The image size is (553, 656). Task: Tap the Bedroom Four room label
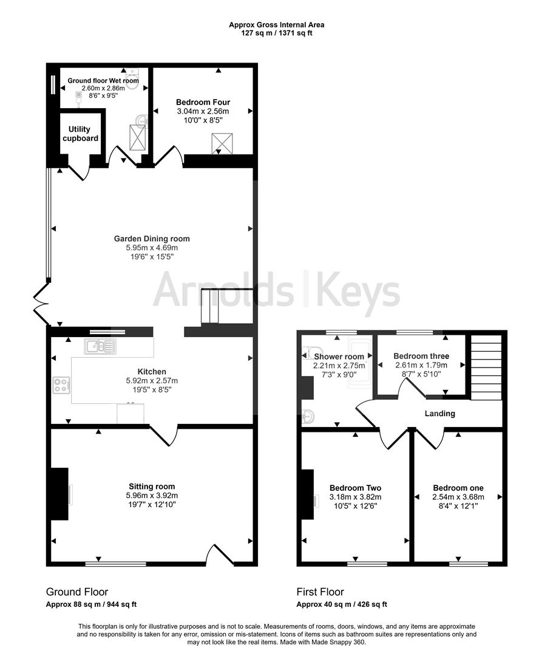pos(203,102)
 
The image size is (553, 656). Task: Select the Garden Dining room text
pos(152,239)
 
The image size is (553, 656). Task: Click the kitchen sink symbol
pos(100,346)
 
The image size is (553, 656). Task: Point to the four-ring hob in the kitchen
pos(62,384)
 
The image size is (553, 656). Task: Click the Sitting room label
pos(152,486)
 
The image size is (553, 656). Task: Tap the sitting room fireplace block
pos(59,494)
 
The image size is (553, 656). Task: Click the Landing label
pos(440,414)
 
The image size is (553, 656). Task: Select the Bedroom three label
pos(421,356)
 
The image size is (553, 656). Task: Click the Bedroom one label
pos(458,488)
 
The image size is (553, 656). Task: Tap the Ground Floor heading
pos(77,592)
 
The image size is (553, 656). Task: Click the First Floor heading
pos(320,592)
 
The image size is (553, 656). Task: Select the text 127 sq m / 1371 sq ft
pos(276,33)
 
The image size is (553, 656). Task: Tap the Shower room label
pos(339,357)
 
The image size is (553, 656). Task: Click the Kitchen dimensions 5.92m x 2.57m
pos(152,381)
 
